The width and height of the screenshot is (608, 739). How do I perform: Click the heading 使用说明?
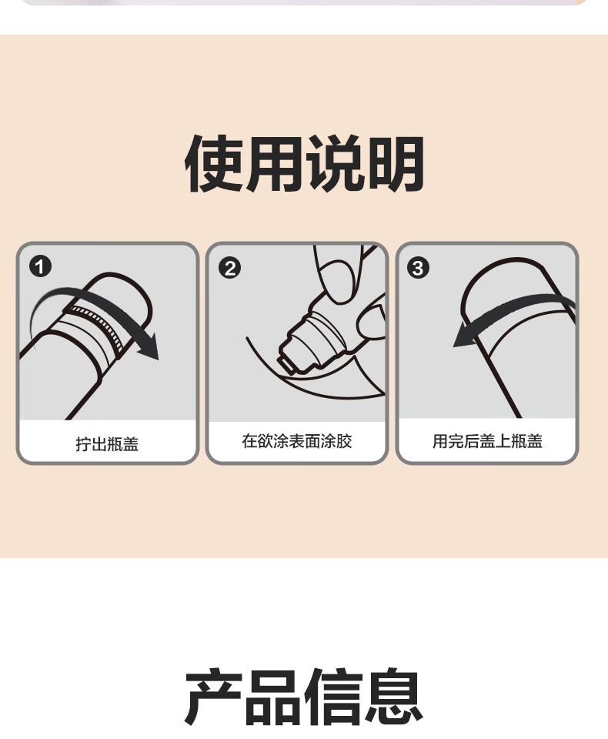pos(304,163)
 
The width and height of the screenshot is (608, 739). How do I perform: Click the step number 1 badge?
pos(41,267)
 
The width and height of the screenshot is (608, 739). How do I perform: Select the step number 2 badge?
pos(230,268)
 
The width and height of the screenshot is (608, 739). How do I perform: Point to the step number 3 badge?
pos(418,268)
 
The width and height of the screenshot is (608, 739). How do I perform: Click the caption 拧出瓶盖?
pos(107,444)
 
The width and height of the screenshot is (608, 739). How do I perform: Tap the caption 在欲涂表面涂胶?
pos(297,441)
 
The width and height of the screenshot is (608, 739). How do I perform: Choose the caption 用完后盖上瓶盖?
pos(487,441)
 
